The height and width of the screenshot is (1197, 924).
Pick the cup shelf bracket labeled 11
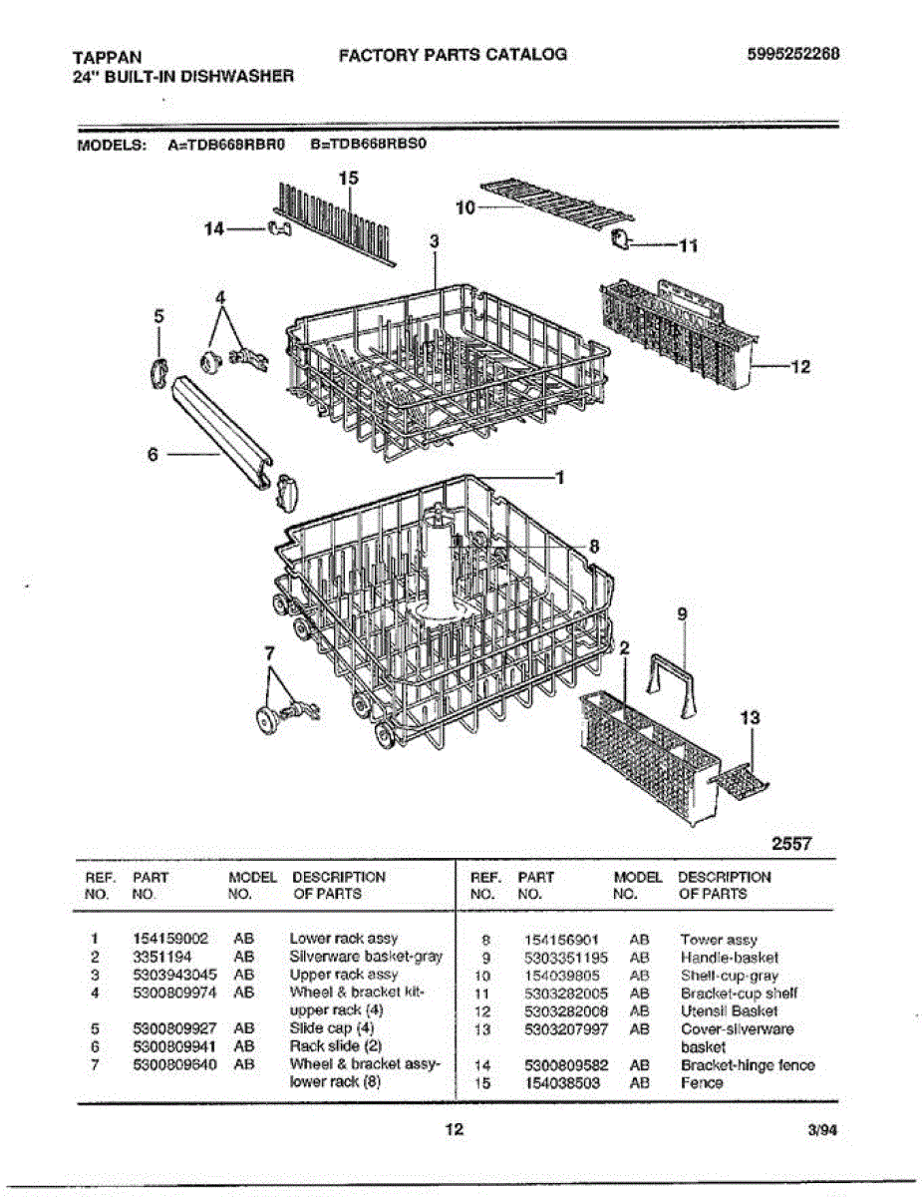click(x=622, y=240)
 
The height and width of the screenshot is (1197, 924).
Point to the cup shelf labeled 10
click(x=558, y=202)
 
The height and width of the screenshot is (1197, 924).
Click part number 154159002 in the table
click(x=170, y=939)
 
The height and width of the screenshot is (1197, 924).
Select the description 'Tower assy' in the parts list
click(x=718, y=940)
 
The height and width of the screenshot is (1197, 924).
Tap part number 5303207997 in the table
click(x=565, y=1029)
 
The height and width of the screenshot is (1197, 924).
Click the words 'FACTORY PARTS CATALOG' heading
click(x=453, y=55)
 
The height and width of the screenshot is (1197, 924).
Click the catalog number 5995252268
click(x=792, y=55)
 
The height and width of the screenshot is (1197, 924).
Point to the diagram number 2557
click(x=792, y=844)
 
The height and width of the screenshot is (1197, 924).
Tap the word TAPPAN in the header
click(x=107, y=58)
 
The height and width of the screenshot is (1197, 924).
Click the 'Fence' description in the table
click(x=702, y=1083)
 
